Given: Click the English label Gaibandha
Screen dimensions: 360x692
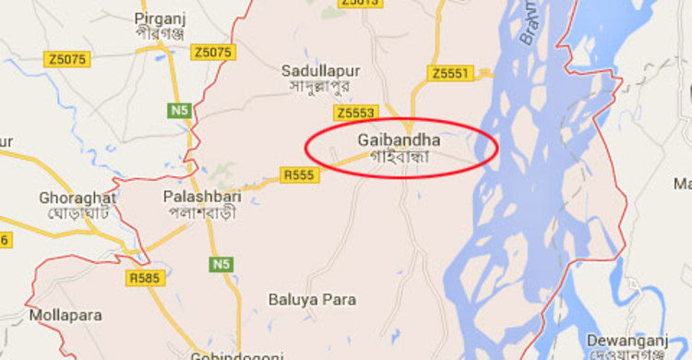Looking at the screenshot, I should point(398,140).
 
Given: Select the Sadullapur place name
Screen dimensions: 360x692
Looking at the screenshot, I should point(320,71).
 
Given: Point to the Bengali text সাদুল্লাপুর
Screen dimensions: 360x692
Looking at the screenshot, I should point(320,87).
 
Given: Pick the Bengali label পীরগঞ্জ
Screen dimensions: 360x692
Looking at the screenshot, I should point(160,34).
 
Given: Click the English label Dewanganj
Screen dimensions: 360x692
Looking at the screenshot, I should point(628,338).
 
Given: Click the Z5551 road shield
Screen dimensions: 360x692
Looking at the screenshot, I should point(451,73).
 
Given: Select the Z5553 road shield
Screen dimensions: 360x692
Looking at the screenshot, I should point(355,113).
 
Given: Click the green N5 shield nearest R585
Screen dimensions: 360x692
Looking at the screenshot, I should point(221,265).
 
